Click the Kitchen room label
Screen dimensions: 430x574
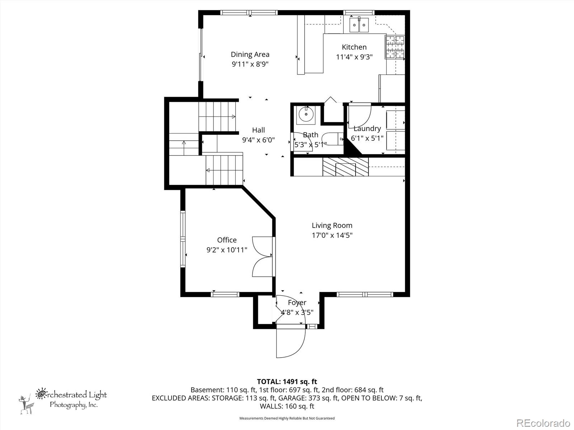pos(354,47)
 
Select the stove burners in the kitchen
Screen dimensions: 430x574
pos(395,47)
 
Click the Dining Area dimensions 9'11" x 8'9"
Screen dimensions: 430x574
pos(250,64)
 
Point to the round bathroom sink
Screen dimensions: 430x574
pos(306,115)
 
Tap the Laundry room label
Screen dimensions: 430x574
pos(367,129)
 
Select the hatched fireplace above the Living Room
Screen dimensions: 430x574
pos(345,167)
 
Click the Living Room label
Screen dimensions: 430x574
pos(332,225)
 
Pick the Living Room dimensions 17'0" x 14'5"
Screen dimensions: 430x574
pos(332,235)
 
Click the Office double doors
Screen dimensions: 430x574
pos(263,257)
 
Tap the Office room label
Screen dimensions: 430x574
pos(227,240)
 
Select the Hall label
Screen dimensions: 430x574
pos(258,130)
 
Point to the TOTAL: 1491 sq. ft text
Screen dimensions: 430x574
pos(287,382)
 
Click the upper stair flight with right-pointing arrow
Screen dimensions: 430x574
pos(217,117)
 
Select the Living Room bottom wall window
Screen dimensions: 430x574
pos(365,295)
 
